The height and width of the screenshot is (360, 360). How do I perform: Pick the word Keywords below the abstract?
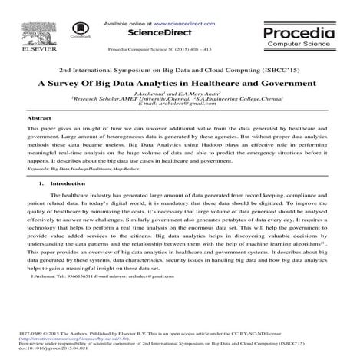point(38,167)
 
